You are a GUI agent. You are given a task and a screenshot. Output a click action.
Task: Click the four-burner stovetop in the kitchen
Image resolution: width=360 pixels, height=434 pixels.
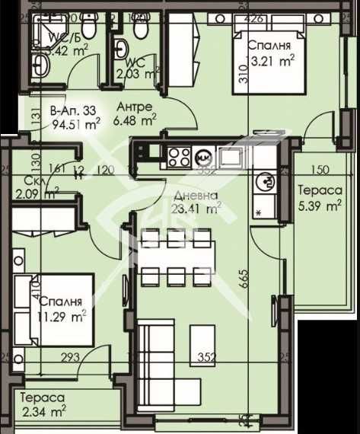pyautogui.click(x=180, y=157)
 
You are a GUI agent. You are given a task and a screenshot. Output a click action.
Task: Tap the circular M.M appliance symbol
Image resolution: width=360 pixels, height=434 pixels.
pyautogui.click(x=204, y=158)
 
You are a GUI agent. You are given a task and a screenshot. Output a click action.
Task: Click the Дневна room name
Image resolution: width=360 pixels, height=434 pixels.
pyautogui.click(x=194, y=193)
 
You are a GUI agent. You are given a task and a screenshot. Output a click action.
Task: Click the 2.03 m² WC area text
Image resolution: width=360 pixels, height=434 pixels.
pyautogui.click(x=138, y=73)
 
